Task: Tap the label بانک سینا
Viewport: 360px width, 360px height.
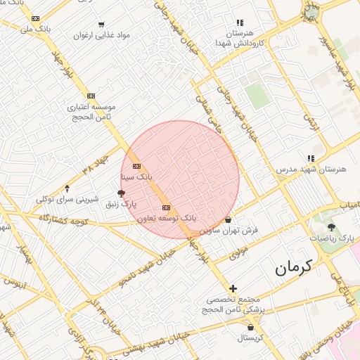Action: pyautogui.click(x=136, y=176)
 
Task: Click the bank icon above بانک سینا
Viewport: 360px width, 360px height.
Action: pyautogui.click(x=136, y=166)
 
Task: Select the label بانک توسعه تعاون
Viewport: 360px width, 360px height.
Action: pyautogui.click(x=167, y=219)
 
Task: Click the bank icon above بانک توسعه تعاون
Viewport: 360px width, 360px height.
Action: pyautogui.click(x=166, y=207)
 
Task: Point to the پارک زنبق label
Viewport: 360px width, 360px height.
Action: pyautogui.click(x=121, y=204)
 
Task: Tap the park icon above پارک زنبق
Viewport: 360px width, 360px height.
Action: pyautogui.click(x=121, y=193)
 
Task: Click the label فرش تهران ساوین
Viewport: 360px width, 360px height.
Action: pyautogui.click(x=229, y=230)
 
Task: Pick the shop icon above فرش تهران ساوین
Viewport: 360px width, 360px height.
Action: pyautogui.click(x=229, y=219)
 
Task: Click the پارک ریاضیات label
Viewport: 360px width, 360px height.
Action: pyautogui.click(x=332, y=238)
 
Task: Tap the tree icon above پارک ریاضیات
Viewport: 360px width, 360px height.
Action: pyautogui.click(x=332, y=227)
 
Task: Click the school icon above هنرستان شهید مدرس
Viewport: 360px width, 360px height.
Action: pyautogui.click(x=310, y=158)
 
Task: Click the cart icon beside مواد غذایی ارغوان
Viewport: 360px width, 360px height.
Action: pyautogui.click(x=103, y=24)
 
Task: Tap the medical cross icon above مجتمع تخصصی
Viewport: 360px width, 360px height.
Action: pyautogui.click(x=233, y=288)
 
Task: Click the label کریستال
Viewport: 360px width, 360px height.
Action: pyautogui.click(x=250, y=338)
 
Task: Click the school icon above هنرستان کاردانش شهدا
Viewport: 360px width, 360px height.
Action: pyautogui.click(x=240, y=22)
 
